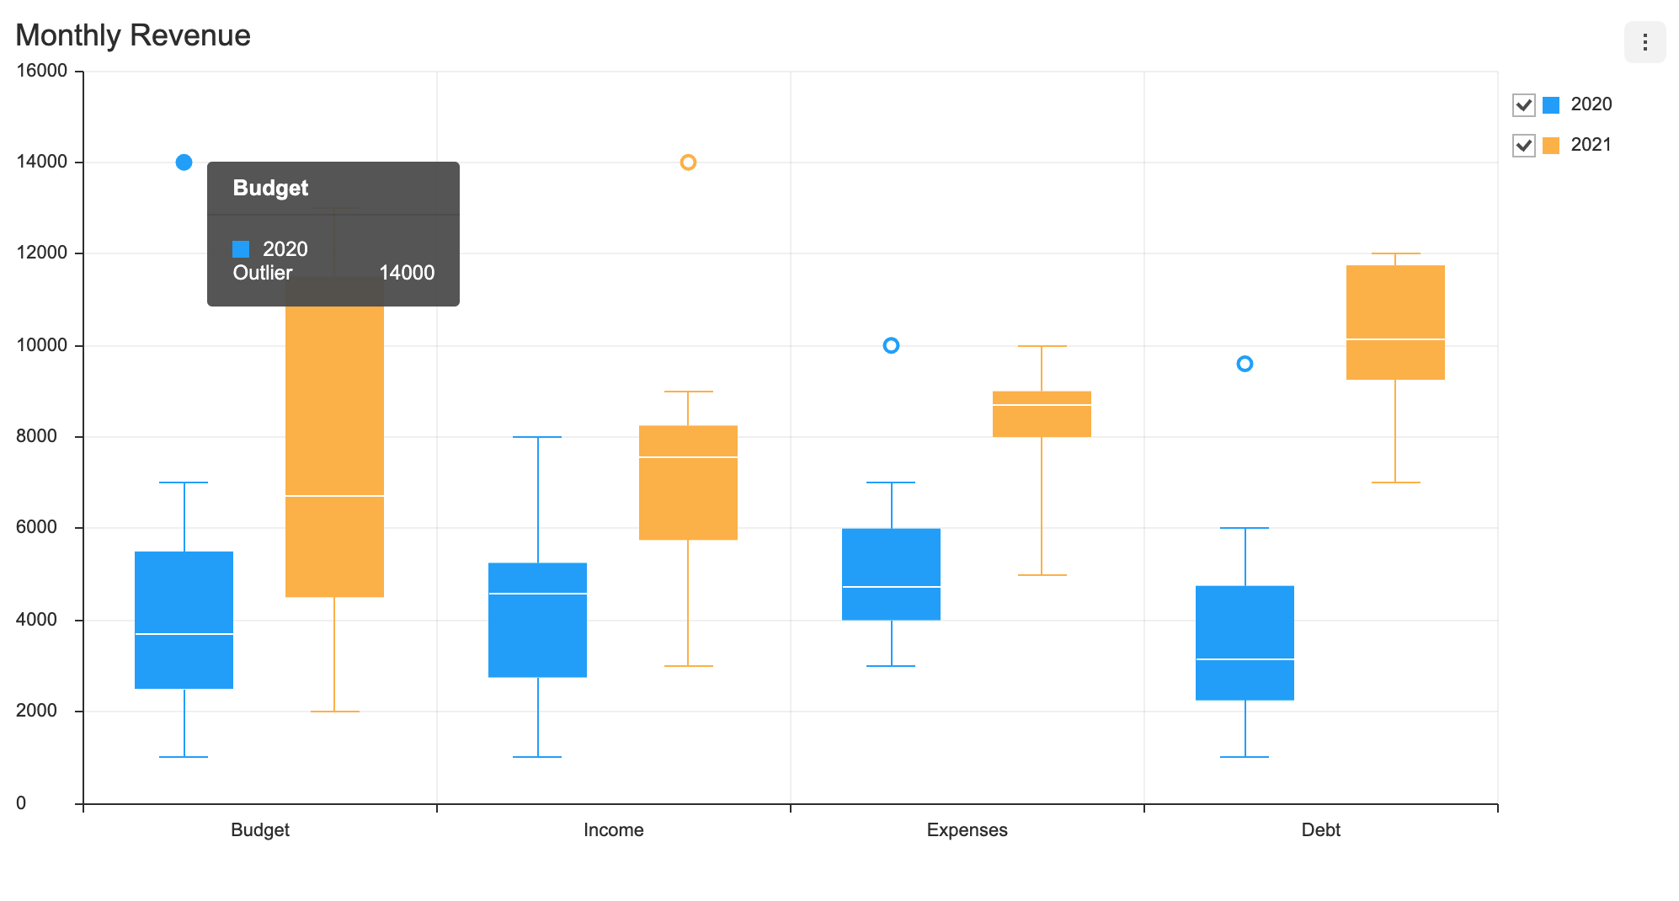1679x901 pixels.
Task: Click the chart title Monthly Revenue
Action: tap(133, 35)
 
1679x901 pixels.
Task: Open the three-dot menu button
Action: tap(1644, 42)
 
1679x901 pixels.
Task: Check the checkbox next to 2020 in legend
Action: tap(1523, 104)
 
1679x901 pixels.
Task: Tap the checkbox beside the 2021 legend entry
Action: tap(1523, 145)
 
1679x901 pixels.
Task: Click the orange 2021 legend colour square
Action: tap(1550, 146)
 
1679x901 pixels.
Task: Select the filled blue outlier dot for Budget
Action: tap(184, 163)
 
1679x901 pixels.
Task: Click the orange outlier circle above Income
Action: tap(688, 163)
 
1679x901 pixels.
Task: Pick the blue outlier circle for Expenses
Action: tap(891, 345)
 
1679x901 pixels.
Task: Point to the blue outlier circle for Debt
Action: tap(1245, 364)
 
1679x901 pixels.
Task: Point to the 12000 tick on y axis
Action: tap(42, 253)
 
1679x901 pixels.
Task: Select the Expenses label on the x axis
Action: tap(967, 829)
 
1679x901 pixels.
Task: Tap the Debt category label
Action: tap(1320, 829)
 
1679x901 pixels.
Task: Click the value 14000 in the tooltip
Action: tap(407, 273)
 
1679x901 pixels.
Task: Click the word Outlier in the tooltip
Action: tap(263, 273)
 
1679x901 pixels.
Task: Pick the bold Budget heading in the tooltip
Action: tap(270, 188)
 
